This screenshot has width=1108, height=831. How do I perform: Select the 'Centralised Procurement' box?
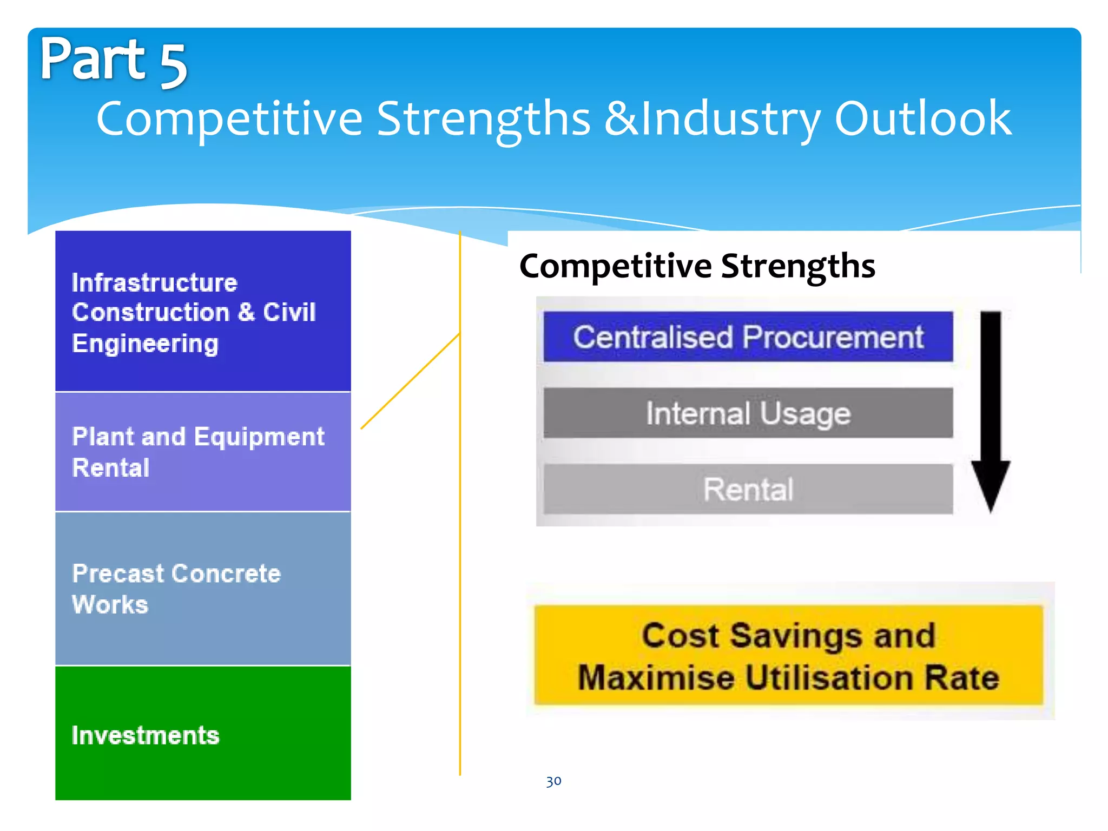pos(748,337)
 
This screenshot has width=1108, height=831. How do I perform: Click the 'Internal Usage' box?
pos(748,413)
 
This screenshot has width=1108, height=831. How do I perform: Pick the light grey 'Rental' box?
pos(748,489)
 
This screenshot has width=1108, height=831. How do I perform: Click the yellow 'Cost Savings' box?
pos(788,655)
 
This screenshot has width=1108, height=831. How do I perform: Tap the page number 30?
pos(553,781)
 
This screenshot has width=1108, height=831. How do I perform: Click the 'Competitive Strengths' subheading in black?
pos(697,266)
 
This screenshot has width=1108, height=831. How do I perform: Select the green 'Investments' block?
pos(203,733)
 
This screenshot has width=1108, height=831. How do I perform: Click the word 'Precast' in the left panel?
pos(119,573)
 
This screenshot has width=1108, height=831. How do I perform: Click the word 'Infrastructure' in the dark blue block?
pos(155,282)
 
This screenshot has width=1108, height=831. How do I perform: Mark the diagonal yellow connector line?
pos(410,382)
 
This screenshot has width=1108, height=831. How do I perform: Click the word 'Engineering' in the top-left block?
pos(145,344)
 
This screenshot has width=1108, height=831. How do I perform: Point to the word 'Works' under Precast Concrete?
pos(110,604)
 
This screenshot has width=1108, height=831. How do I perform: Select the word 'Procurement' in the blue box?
pos(833,337)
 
